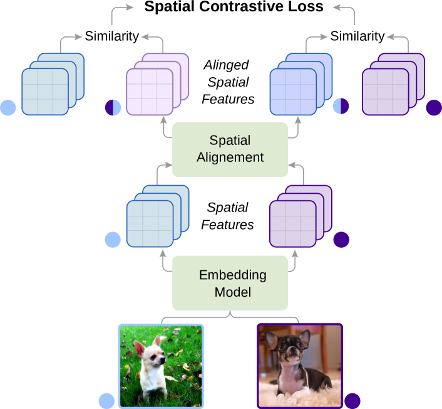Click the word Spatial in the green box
230,140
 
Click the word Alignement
230,157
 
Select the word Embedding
232,275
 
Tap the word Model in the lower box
232,292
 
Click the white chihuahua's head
153,358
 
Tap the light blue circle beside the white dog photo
107,401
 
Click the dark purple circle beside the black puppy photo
352,401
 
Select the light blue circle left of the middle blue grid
113,240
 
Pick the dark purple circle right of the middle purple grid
341,240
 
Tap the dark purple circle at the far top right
434,108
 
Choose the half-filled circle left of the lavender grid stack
113,108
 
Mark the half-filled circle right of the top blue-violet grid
341,106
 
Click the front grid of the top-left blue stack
45,92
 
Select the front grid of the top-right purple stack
385,92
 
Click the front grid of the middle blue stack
150,223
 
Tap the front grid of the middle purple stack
292,223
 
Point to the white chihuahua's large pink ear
139,348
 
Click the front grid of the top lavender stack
149,92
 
